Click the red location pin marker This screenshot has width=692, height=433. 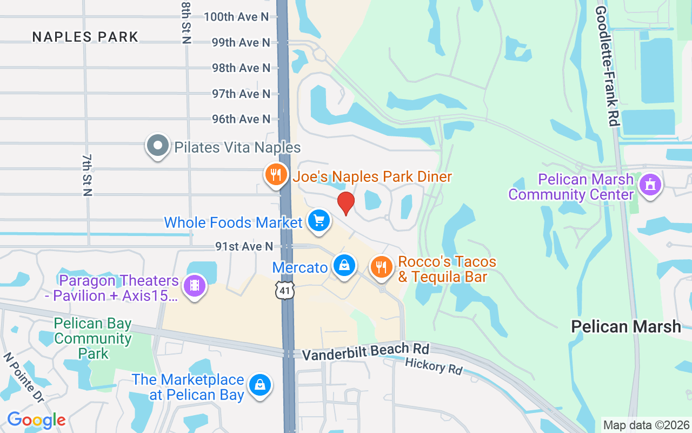[x=345, y=203]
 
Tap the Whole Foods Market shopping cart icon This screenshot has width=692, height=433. [x=319, y=221]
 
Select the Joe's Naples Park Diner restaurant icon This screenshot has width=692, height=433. [x=276, y=175]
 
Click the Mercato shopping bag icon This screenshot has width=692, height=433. [x=344, y=265]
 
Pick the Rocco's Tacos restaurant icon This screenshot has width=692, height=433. [x=382, y=267]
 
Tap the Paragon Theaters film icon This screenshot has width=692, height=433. [x=195, y=285]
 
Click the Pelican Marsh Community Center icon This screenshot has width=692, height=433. [x=650, y=185]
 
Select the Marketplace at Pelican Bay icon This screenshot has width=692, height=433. [x=260, y=385]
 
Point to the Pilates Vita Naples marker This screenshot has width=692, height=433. [x=158, y=146]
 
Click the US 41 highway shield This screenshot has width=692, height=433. [x=284, y=290]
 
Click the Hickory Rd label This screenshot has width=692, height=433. [x=434, y=366]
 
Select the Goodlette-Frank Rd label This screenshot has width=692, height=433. [x=607, y=66]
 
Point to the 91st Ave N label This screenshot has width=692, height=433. [x=244, y=246]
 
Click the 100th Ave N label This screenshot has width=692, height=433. [x=236, y=17]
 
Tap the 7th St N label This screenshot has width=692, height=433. [x=87, y=174]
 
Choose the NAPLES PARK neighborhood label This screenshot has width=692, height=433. [x=85, y=37]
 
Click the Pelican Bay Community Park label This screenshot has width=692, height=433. [x=93, y=338]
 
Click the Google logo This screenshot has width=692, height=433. [x=36, y=420]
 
